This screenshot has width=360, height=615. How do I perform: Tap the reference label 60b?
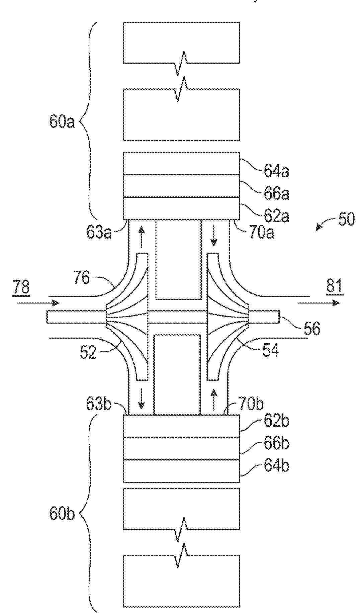click(x=62, y=514)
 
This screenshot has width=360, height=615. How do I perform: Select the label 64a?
click(x=276, y=171)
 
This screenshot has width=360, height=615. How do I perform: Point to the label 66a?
click(x=276, y=193)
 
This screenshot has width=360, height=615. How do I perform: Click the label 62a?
click(x=276, y=216)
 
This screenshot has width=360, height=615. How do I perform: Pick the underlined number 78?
click(x=21, y=287)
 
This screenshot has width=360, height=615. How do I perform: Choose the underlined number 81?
click(x=335, y=287)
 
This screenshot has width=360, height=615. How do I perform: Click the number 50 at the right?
click(x=346, y=220)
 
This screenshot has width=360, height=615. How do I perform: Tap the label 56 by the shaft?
click(x=312, y=328)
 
